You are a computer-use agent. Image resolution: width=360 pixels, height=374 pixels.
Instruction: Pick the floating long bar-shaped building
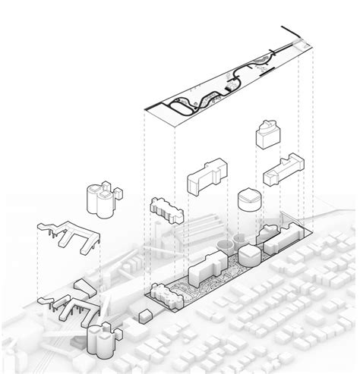pyautogui.click(x=283, y=168)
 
